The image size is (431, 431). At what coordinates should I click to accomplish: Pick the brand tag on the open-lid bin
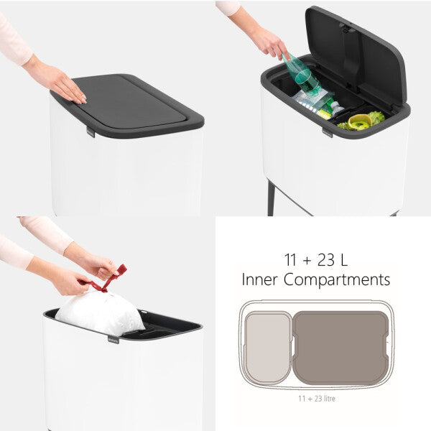(328, 132)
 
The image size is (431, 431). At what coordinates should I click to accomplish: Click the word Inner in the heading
(262, 279)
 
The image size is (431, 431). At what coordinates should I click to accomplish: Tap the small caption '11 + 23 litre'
(316, 398)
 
